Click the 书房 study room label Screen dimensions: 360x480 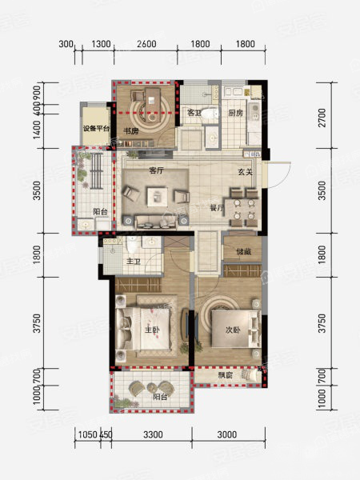tap(130, 131)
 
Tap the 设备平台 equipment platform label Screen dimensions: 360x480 tap(96, 129)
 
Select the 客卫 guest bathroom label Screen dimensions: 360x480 tap(194, 112)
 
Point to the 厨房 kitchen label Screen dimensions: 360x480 tap(235, 113)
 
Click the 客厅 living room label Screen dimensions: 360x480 tap(156, 170)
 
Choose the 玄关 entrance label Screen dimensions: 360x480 tap(246, 172)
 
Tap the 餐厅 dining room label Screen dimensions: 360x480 tap(217, 208)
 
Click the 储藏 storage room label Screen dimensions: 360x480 tap(244, 252)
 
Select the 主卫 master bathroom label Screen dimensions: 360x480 tap(134, 262)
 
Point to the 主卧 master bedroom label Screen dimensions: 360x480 tap(152, 330)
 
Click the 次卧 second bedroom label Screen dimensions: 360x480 tap(233, 330)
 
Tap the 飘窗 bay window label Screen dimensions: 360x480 tap(225, 375)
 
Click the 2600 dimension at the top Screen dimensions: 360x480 tap(146, 44)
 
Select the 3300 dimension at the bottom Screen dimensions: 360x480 tap(153, 434)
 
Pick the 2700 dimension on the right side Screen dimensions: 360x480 tap(322, 118)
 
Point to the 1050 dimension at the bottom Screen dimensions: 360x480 tap(88, 434)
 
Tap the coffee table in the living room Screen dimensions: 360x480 tap(158, 197)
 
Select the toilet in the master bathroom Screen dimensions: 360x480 tap(133, 244)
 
